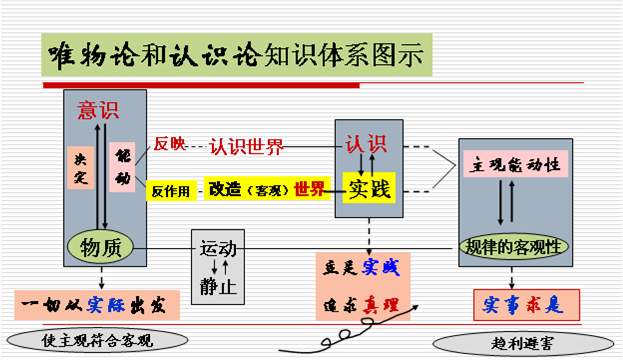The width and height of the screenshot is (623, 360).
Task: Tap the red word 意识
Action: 99,111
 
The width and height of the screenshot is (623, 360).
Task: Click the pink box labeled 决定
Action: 81,173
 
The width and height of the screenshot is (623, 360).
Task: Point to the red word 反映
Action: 169,144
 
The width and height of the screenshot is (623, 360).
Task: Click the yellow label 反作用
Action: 170,190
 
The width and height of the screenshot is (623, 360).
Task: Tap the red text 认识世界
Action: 246,147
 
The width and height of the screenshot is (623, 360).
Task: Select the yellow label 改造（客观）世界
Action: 265,189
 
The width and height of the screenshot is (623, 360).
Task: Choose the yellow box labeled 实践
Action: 367,188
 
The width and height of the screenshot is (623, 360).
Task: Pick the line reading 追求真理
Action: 365,303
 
